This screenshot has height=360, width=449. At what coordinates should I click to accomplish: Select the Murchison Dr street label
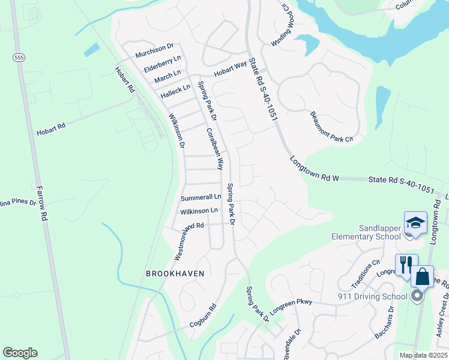pyautogui.click(x=154, y=46)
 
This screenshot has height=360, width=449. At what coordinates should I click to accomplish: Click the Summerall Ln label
pyautogui.click(x=201, y=197)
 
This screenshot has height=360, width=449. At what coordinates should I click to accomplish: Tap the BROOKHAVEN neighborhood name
pyautogui.click(x=175, y=274)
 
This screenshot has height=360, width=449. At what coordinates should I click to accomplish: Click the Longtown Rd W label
pyautogui.click(x=315, y=170)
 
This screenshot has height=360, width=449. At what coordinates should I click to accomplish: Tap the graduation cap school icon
pyautogui.click(x=415, y=223)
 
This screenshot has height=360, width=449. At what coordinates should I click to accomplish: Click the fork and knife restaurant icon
pyautogui.click(x=406, y=265)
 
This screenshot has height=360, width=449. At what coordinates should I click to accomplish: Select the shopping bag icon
pyautogui.click(x=422, y=277)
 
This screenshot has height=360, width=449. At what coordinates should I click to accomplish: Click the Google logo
pyautogui.click(x=20, y=353)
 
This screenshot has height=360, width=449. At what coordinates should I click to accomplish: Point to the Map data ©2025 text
pyautogui.click(x=423, y=355)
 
